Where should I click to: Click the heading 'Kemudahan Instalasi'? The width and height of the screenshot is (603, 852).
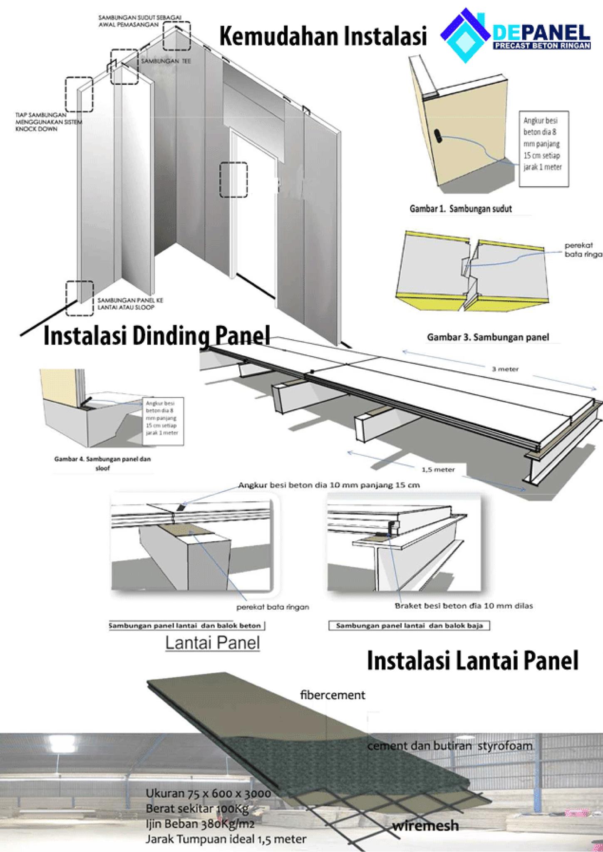pos(323,37)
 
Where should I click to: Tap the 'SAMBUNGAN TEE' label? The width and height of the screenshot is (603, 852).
pos(166,61)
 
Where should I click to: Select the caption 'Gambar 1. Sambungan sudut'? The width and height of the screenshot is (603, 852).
pos(461,209)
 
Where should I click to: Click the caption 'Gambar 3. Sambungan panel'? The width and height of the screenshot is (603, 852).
pos(488,337)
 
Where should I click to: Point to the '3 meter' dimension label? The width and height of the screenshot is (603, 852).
pos(505,369)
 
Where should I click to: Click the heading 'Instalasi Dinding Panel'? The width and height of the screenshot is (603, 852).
pos(156,336)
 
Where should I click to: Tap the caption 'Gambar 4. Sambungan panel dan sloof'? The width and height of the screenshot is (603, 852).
pos(102,463)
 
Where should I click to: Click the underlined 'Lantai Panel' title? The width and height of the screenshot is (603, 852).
pos(213,643)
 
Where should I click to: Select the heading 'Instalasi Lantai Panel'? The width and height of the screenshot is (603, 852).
pos(472,661)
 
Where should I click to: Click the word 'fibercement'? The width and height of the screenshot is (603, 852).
pos(333,695)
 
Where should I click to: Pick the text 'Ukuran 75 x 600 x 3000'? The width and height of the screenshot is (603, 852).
pos(208,793)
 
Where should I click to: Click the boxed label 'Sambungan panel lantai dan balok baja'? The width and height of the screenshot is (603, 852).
pos(409,626)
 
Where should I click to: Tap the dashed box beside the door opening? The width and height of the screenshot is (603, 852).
pos(233,179)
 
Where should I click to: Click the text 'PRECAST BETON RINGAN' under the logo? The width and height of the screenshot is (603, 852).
pos(541,45)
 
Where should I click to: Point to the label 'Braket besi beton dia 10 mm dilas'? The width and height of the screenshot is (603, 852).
pos(464,606)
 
